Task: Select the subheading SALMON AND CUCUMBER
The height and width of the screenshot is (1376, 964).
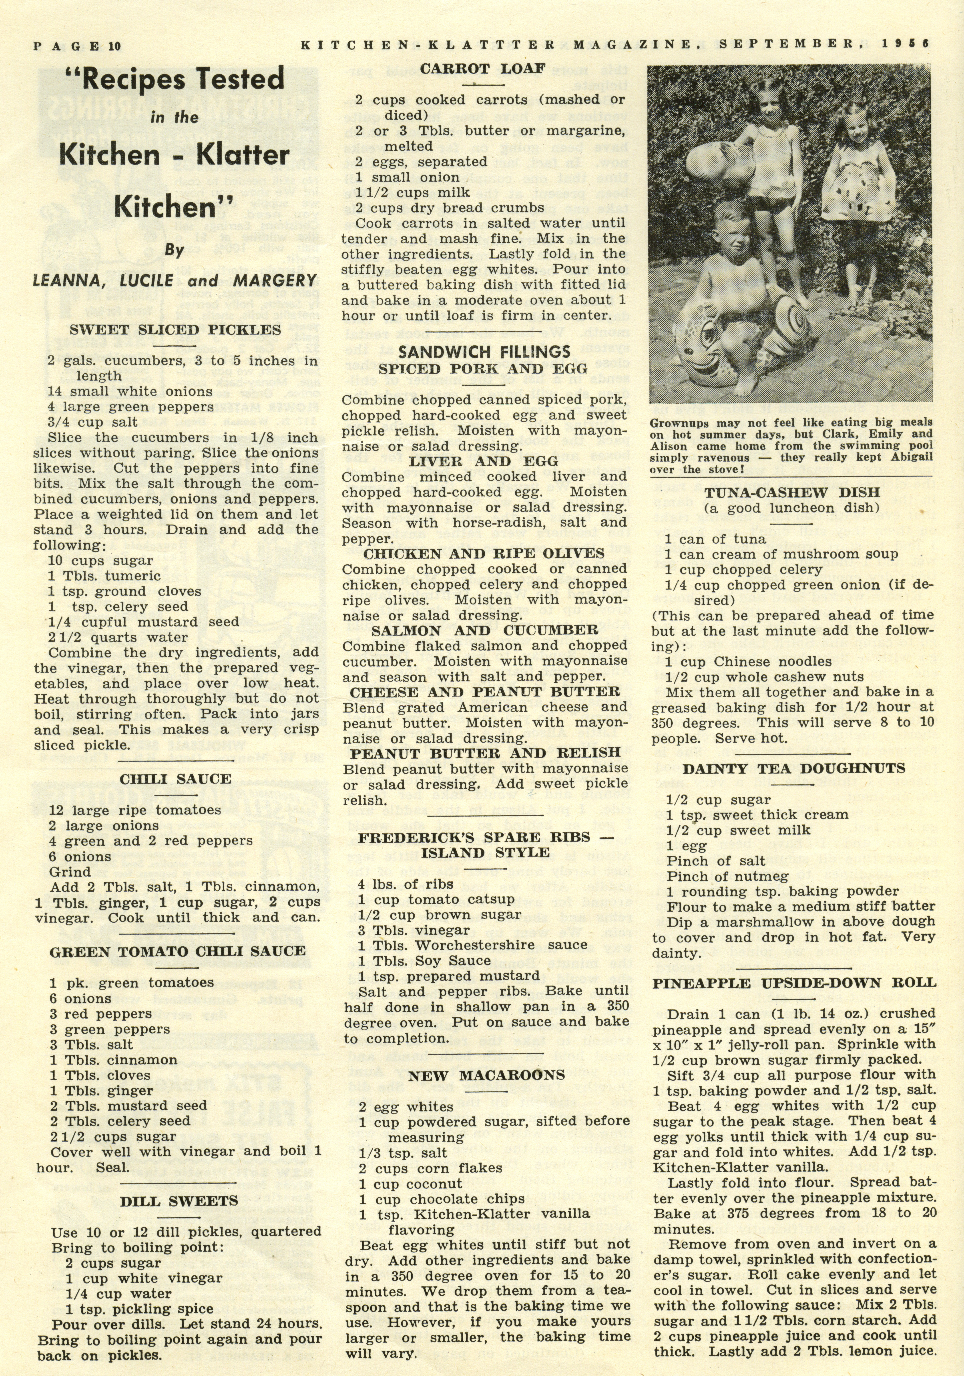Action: click(x=484, y=631)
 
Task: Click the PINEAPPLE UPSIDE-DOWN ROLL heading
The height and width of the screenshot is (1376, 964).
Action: click(x=794, y=983)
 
